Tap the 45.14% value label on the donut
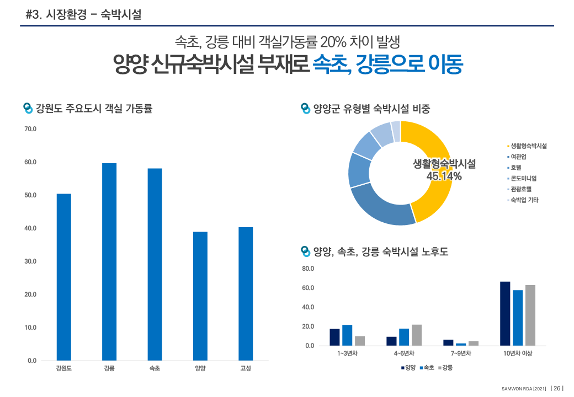click(x=444, y=176)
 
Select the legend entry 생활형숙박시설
click(x=528, y=146)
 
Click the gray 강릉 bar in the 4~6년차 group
click(x=416, y=335)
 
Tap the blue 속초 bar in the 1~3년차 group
click(x=347, y=335)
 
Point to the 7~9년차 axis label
click(x=461, y=353)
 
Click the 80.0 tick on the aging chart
click(x=308, y=269)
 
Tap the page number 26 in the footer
click(x=557, y=388)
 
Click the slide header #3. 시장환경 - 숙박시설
click(x=83, y=15)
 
